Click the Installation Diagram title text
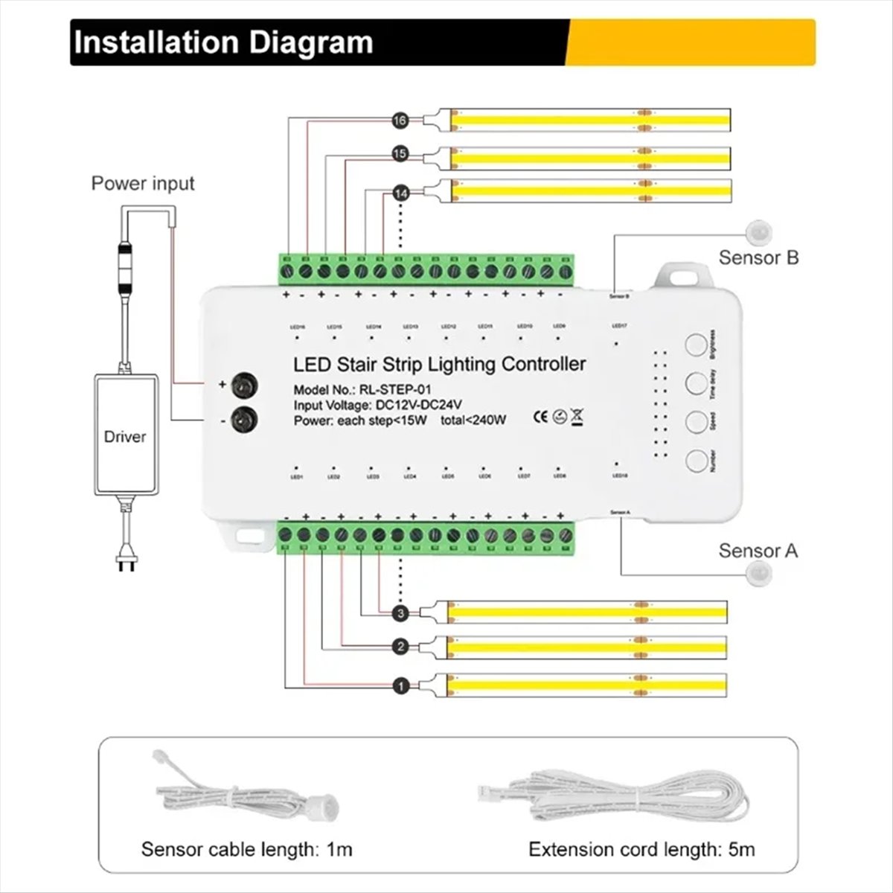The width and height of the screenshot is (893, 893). (x=223, y=42)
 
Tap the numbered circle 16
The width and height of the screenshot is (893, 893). (x=400, y=119)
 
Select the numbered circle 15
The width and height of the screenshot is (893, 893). (x=400, y=154)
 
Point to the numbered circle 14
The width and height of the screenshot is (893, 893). (x=400, y=193)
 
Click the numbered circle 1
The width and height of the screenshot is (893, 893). (x=400, y=686)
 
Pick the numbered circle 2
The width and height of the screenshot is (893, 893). (x=400, y=647)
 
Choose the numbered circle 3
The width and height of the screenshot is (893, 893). (x=400, y=613)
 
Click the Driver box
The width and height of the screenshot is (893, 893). (x=125, y=435)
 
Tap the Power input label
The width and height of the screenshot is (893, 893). (x=142, y=183)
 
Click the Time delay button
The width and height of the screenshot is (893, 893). (x=696, y=384)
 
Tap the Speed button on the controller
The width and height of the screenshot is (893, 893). (x=696, y=421)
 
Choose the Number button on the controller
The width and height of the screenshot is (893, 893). (x=696, y=460)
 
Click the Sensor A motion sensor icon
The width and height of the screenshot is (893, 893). (x=760, y=573)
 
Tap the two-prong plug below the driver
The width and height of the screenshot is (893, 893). (x=125, y=564)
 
